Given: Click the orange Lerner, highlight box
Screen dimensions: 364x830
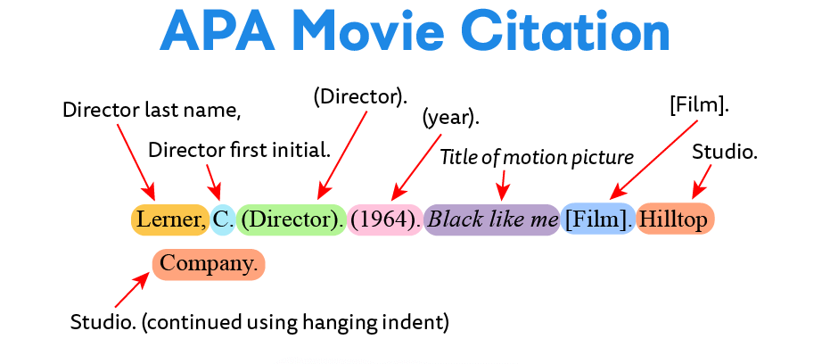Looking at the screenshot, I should pos(170,219).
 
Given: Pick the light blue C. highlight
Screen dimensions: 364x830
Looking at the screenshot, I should pos(223,219).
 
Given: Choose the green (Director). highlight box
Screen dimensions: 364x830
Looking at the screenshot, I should pos(292,219).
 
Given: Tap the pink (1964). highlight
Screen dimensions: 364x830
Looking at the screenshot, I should pos(385,219).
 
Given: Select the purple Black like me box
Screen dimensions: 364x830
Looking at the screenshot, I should pos(492,219).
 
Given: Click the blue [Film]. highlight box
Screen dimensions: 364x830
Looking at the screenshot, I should pos(597,219).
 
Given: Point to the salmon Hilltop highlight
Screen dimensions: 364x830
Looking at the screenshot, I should pos(675,219).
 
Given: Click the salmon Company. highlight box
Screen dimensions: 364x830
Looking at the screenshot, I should pos(209,264).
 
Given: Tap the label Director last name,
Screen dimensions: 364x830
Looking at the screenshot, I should pos(152,112).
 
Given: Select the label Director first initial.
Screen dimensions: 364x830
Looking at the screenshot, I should pos(239,150).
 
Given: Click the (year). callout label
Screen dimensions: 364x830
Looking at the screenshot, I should pos(451,117).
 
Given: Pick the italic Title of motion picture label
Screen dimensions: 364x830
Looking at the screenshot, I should pos(537,158).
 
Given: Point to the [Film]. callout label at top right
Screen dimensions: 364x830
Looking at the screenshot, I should pos(700,105).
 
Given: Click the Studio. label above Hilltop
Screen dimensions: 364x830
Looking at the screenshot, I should pos(725,153).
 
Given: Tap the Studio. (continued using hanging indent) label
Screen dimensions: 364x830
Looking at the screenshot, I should pos(259,322).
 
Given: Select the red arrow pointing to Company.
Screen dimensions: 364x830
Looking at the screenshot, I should pos(132,291).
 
